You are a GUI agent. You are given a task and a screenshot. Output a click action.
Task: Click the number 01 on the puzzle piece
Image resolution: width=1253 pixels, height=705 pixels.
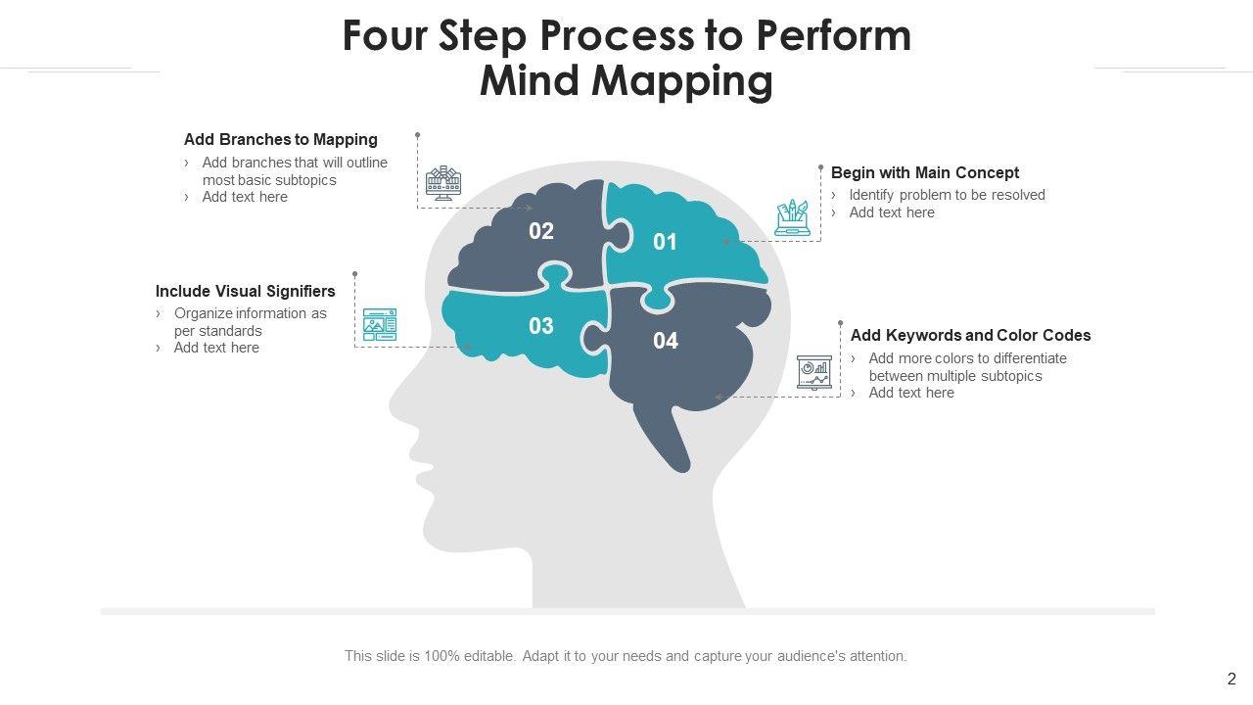665,242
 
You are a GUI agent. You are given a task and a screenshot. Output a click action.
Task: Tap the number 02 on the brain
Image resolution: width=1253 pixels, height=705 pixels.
541,231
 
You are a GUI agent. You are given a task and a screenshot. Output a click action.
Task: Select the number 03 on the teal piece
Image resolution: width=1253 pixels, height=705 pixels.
541,325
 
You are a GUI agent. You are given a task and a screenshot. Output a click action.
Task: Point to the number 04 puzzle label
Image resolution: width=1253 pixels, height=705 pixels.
666,341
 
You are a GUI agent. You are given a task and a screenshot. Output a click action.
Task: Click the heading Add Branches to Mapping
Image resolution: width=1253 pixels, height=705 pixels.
281,139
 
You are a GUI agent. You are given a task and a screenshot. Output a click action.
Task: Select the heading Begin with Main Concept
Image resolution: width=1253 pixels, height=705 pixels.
925,172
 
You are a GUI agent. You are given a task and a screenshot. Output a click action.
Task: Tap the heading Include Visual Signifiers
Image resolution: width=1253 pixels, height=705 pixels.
246,291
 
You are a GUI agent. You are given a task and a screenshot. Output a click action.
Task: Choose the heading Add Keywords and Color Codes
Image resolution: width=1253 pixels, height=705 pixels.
970,335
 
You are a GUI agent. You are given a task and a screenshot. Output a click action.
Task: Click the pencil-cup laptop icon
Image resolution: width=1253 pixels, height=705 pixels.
793,217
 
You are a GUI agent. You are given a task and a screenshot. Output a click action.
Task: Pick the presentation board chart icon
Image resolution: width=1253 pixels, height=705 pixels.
814,372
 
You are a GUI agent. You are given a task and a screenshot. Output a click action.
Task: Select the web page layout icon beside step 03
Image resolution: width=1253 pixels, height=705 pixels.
380,324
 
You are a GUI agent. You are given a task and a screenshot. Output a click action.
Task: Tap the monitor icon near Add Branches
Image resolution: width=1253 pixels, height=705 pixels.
443,182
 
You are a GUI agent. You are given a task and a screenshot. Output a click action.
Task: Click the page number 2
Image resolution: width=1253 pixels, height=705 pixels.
1231,679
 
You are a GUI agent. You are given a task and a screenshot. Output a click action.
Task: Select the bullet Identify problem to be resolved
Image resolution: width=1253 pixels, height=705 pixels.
947,195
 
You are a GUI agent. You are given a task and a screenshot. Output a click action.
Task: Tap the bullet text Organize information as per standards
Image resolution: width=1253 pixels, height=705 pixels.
250,322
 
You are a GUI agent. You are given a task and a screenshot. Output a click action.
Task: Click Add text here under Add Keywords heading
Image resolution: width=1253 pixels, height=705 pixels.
911,393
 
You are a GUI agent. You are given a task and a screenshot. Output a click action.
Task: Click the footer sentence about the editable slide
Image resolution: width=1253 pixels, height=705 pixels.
626,656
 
